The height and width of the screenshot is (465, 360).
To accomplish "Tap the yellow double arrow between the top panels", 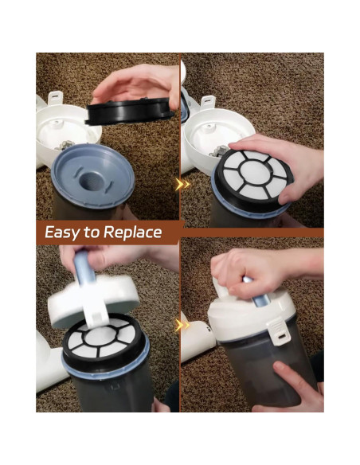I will [x=183, y=185].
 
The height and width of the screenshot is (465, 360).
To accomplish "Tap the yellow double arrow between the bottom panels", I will [x=183, y=325].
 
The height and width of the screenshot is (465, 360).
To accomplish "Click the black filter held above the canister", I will [x=129, y=111].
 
